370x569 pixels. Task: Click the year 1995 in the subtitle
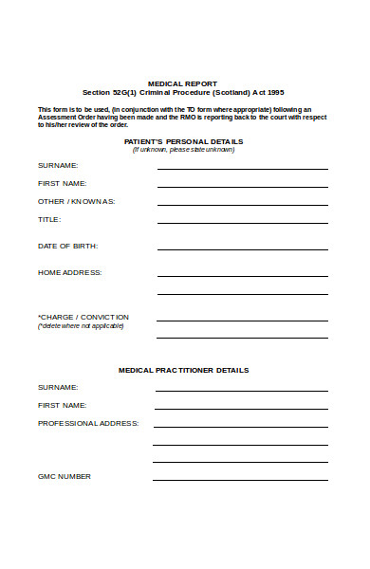(274, 92)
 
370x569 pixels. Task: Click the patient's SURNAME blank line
(242, 168)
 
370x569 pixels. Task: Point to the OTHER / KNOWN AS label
(76, 201)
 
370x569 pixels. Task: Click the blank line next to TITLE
(242, 222)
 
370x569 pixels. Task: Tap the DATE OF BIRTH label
(67, 246)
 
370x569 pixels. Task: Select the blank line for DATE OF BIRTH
(242, 248)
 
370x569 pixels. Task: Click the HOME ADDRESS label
(69, 272)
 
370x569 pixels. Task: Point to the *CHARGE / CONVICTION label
(83, 317)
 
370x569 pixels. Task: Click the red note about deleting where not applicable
(81, 326)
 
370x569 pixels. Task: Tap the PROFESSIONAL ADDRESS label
(88, 423)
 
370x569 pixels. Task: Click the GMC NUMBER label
(65, 476)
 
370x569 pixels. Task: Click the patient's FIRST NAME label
(62, 183)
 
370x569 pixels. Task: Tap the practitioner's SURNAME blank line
(241, 390)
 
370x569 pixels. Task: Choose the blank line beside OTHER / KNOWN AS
(242, 204)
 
